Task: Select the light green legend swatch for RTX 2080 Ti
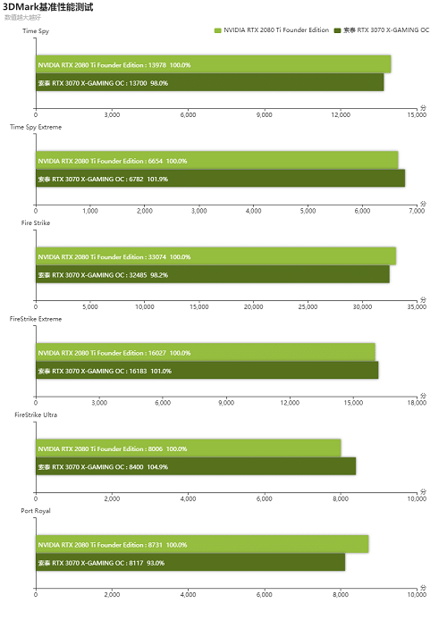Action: tap(217, 30)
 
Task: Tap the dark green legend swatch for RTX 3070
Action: tap(337, 30)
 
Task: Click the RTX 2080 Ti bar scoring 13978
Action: tap(213, 64)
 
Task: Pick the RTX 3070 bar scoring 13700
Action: tap(210, 83)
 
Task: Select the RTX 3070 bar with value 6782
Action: tap(220, 179)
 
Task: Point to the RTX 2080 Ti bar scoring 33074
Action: tap(216, 256)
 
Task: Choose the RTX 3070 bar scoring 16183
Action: tap(207, 370)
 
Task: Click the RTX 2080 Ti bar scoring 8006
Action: tap(189, 448)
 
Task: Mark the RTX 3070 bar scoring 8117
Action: tap(190, 562)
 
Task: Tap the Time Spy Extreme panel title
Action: tap(36, 127)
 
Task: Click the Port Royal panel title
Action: tap(36, 511)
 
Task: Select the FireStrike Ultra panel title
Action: tap(36, 415)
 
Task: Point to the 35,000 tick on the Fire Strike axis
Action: tap(417, 306)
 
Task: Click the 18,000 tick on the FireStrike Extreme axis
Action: tap(417, 403)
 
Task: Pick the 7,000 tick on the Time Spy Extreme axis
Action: tap(417, 211)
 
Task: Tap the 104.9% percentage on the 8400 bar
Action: tap(157, 467)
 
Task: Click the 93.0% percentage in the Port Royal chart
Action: tap(156, 563)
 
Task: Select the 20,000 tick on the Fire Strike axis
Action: tap(253, 306)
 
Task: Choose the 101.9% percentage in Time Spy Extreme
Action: tap(157, 179)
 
